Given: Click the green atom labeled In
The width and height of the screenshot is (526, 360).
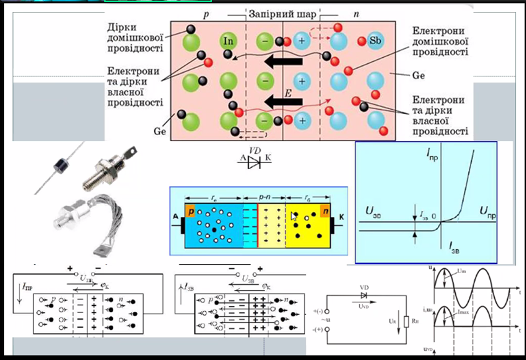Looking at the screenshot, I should tap(228, 41).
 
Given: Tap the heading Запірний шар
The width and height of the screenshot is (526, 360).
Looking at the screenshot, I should tap(282, 13).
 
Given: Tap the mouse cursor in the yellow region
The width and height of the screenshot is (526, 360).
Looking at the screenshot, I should tap(294, 217).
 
